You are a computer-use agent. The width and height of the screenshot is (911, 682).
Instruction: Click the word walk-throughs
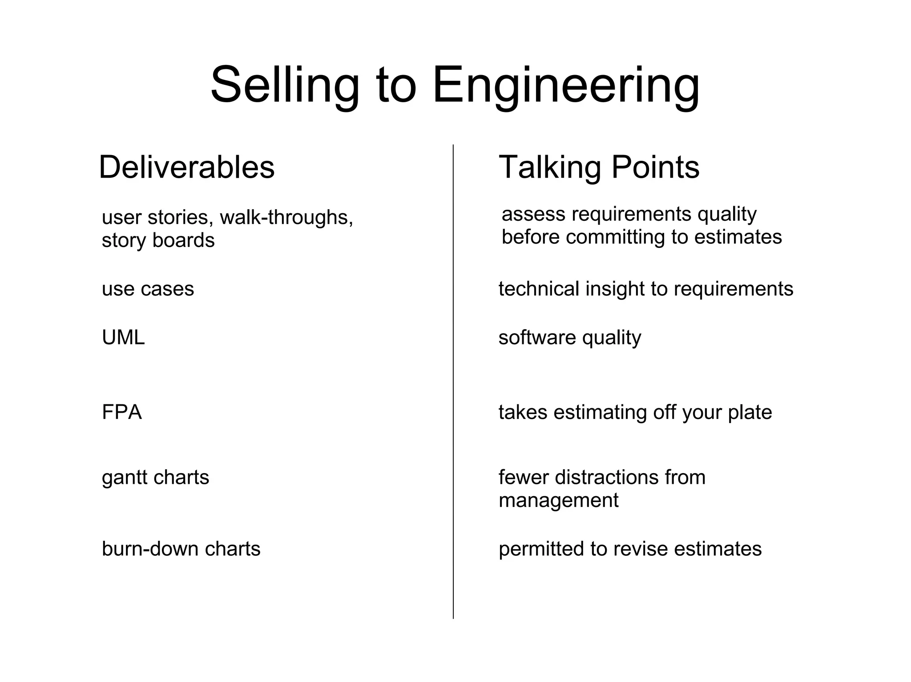286,217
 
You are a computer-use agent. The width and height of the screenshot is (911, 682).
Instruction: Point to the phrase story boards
158,240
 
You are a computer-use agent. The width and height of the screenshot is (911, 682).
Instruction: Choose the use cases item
148,289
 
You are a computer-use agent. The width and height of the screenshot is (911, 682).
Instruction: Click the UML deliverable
123,338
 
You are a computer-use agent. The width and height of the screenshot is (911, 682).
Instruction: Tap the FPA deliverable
121,412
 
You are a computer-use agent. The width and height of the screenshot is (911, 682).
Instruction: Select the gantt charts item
155,478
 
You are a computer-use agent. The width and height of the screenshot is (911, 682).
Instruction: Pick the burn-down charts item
181,549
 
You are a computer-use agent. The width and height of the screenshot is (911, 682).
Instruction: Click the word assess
533,214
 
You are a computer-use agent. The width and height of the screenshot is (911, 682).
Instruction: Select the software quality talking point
569,338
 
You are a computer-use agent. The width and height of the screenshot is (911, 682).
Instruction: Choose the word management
558,501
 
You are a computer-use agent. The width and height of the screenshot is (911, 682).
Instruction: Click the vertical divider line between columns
453,382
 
